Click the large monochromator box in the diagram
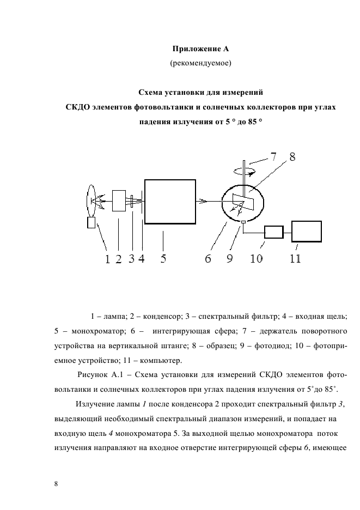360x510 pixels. click(x=170, y=201)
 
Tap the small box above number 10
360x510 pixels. click(x=273, y=232)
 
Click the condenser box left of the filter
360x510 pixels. click(x=118, y=201)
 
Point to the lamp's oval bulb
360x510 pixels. click(x=91, y=200)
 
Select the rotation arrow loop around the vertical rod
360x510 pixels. click(x=243, y=170)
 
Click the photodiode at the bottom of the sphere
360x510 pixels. click(x=243, y=221)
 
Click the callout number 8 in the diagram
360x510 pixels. click(x=292, y=157)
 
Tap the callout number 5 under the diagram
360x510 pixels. click(x=163, y=259)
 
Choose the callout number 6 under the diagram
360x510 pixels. click(x=208, y=259)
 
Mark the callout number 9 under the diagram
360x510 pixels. click(x=230, y=259)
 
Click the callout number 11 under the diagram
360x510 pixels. click(x=295, y=259)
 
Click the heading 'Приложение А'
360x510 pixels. click(x=201, y=50)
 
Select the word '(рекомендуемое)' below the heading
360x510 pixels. click(x=201, y=64)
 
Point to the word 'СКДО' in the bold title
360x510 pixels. click(x=77, y=107)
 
